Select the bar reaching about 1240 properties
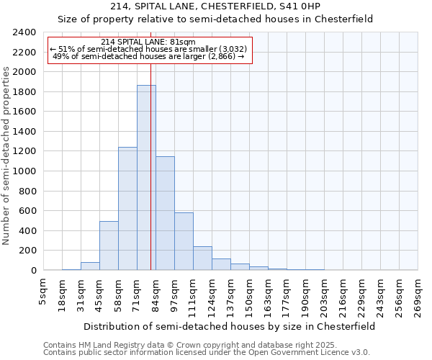pyautogui.click(x=127, y=209)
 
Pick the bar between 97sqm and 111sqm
pyautogui.click(x=184, y=241)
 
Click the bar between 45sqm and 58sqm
pyautogui.click(x=109, y=246)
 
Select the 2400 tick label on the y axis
pyautogui.click(x=24, y=32)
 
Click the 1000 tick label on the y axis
pyautogui.click(x=24, y=171)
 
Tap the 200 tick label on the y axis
pyautogui.click(x=27, y=251)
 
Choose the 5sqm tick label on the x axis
pyautogui.click(x=44, y=291)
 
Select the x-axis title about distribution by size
pyautogui.click(x=229, y=326)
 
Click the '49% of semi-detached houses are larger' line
pyautogui.click(x=149, y=56)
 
